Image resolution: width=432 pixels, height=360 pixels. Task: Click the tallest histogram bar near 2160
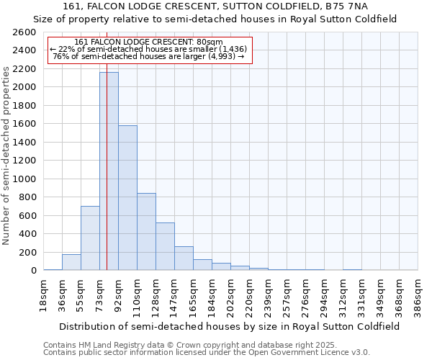coord(109,171)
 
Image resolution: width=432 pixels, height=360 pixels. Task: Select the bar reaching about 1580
coord(127,198)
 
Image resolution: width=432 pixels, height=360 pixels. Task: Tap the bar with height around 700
coord(90,238)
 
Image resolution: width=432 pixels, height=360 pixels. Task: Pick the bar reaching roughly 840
coord(146,232)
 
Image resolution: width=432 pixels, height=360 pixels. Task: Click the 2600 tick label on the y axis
coord(24,33)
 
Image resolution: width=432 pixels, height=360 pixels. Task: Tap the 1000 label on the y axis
coord(24,179)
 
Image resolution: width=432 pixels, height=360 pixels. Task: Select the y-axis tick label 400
coord(27,234)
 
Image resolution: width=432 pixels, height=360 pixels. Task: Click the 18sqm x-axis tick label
coord(43,294)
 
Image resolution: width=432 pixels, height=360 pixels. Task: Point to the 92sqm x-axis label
coord(118,294)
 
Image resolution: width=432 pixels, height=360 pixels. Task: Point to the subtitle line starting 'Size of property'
coord(215,19)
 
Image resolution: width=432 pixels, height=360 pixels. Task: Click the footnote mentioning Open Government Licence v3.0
coord(207,352)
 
